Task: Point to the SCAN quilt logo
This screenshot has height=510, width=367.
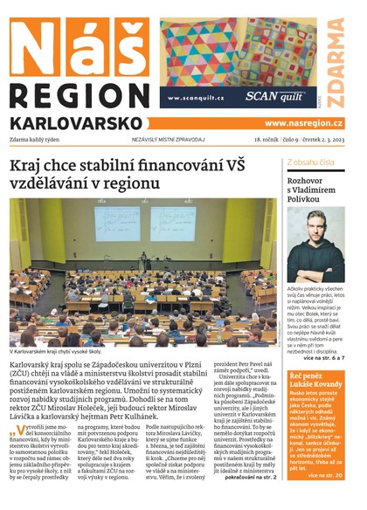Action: pyautogui.click(x=274, y=97)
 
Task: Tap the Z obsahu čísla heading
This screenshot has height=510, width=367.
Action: pyautogui.click(x=310, y=162)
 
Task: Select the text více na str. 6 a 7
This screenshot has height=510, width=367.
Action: pyautogui.click(x=323, y=358)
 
